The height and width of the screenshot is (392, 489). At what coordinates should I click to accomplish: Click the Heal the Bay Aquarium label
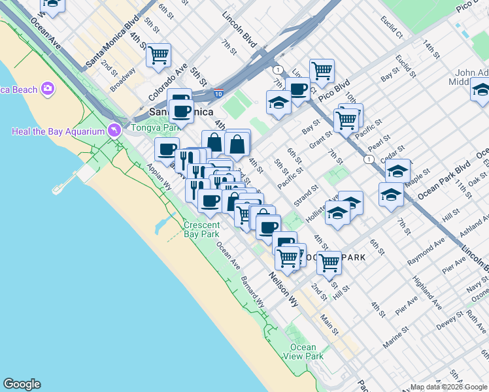point(58,131)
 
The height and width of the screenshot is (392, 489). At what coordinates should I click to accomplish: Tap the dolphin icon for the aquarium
point(115,131)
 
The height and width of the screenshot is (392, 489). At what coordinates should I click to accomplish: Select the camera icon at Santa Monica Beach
point(47,88)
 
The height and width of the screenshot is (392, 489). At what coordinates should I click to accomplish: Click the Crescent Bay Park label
point(201,229)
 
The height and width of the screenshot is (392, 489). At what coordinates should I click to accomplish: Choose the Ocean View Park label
point(303,351)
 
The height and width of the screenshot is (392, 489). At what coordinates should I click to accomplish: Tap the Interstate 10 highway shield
point(218,93)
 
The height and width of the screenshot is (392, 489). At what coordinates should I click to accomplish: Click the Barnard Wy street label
point(252,291)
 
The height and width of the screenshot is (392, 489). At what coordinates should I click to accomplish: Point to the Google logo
point(22,384)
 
